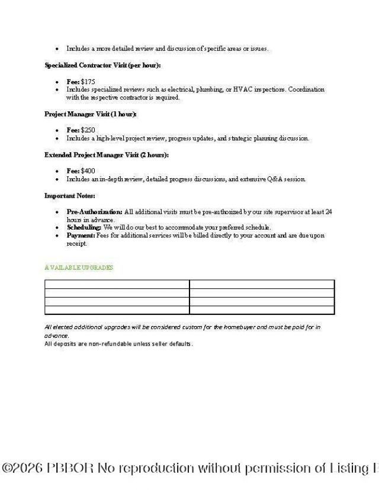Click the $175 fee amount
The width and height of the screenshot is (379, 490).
88,82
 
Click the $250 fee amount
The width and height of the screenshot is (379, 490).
88,130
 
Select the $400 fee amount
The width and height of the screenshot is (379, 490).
88,171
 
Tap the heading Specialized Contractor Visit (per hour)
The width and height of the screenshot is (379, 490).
102,65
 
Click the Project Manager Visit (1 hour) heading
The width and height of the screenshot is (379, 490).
91,114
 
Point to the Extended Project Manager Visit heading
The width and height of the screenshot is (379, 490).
107,154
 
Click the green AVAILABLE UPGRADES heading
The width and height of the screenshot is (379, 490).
79,267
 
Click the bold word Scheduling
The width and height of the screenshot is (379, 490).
84,227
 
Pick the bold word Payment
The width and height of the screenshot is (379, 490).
81,236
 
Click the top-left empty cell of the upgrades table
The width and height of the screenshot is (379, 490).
117,284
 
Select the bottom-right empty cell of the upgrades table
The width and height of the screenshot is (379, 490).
262,310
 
